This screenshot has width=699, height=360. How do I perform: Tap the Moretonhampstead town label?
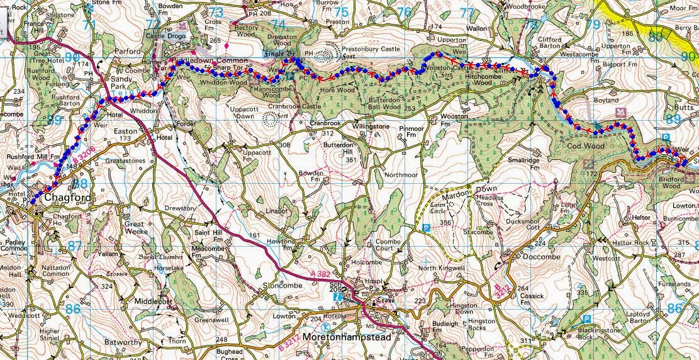click(347, 337)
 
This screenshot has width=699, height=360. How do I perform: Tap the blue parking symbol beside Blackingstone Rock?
click(586, 319)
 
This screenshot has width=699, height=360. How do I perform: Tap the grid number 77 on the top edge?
click(466, 13)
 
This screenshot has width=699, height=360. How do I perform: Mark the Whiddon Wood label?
click(223, 83)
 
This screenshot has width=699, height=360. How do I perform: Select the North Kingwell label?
click(442, 269)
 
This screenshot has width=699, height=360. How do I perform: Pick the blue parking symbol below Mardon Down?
click(426, 227)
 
